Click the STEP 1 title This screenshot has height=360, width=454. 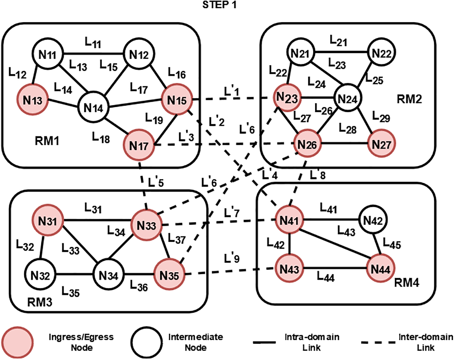219,5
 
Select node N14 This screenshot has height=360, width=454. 93,108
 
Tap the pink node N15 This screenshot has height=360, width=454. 177,101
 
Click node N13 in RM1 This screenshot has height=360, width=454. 32,100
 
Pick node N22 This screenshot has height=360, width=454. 382,53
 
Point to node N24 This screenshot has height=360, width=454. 347,99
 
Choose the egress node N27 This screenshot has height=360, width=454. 381,144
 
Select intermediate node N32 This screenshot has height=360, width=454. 40,276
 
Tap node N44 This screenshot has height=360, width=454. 380,269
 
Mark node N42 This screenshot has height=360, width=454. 373,220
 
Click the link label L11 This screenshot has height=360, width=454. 93,43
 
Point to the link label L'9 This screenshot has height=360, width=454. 231,259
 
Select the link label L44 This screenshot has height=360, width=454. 325,277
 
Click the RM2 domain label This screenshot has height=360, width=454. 409,99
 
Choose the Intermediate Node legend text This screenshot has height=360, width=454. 195,342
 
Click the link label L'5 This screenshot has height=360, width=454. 156,182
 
